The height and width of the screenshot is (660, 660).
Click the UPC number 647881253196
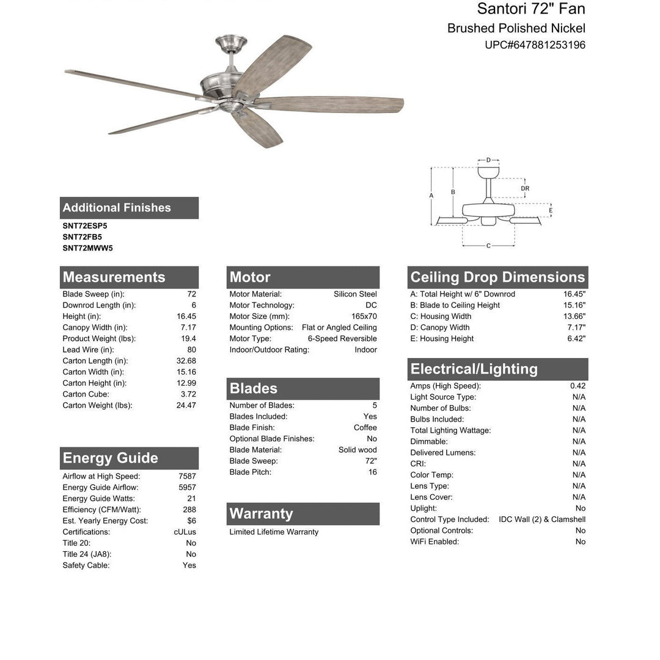click(535, 45)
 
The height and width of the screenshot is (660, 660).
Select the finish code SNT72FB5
click(82, 237)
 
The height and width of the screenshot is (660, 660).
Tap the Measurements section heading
click(114, 277)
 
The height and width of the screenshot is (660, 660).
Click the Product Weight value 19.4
click(188, 339)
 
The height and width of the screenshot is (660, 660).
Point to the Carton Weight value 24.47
click(186, 405)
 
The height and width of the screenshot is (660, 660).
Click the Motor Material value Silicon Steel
click(355, 294)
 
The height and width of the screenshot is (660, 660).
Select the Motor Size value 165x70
click(364, 317)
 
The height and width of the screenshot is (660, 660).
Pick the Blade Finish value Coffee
click(365, 428)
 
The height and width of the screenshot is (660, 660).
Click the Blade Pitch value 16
click(372, 472)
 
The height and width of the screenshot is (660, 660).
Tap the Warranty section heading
click(262, 514)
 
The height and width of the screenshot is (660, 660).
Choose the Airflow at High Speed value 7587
click(187, 476)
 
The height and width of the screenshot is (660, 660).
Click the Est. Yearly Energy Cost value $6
click(191, 521)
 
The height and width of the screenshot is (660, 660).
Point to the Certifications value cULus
click(185, 532)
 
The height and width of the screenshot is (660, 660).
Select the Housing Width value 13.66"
click(574, 317)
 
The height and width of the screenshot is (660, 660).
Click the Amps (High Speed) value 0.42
click(577, 386)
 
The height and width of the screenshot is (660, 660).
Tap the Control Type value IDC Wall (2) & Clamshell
click(541, 519)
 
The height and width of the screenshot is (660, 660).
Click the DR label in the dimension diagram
click(525, 189)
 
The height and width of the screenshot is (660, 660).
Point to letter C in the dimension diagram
click(488, 246)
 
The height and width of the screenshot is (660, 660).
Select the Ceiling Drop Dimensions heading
click(497, 277)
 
